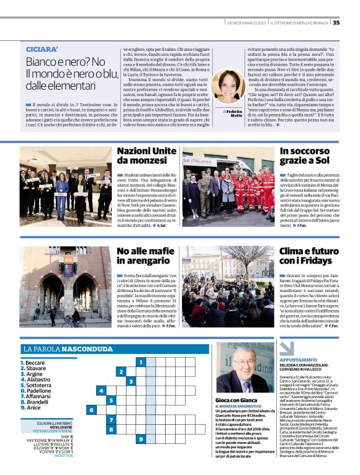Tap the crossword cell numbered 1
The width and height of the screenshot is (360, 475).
tap(142, 362)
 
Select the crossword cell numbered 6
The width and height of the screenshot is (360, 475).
tap(91, 410)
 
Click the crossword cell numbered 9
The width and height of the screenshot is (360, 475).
tap(142, 439)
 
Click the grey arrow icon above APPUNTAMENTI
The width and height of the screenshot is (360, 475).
tap(286, 348)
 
